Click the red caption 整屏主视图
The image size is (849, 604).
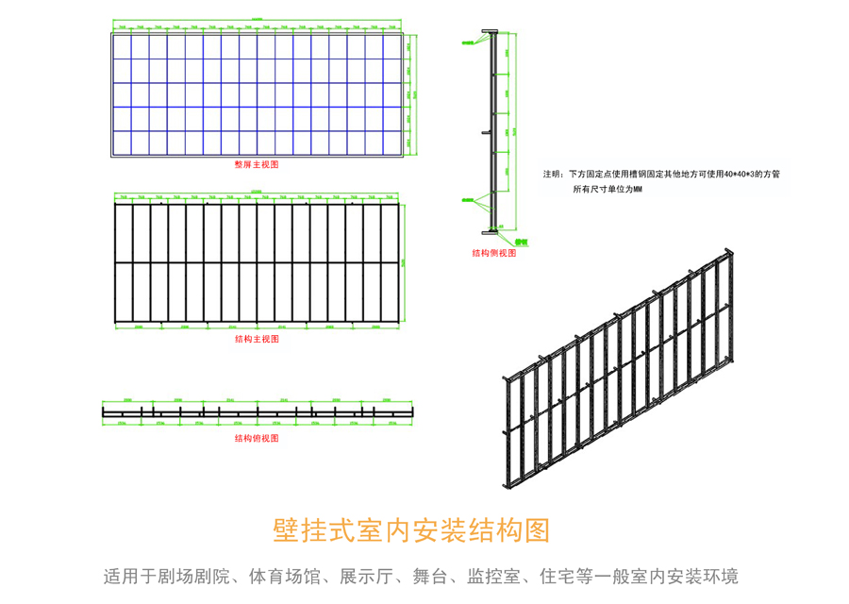tap(257, 163)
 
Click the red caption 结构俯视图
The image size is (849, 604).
tap(257, 439)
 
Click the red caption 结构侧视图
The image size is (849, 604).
tap(494, 253)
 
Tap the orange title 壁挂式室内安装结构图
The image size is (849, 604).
tap(410, 530)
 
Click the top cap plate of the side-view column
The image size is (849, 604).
tap(491, 33)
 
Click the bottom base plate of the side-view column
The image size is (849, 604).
tap(491, 230)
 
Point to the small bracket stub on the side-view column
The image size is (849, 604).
tap(484, 133)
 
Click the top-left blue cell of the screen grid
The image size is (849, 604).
tap(122, 46)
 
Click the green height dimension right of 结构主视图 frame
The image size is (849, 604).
tap(405, 260)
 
